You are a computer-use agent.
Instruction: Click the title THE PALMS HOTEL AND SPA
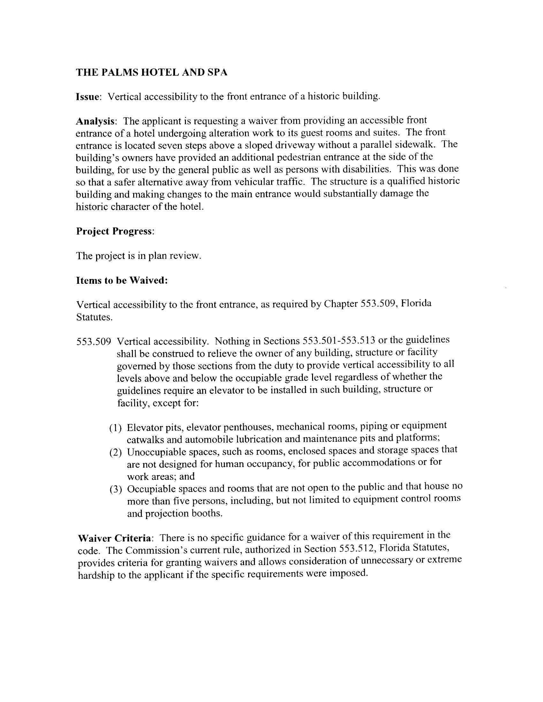coord(151,72)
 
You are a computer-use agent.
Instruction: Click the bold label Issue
coord(88,96)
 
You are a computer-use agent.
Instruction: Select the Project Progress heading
coord(115,231)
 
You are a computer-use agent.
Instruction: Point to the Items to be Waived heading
coord(122,280)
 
